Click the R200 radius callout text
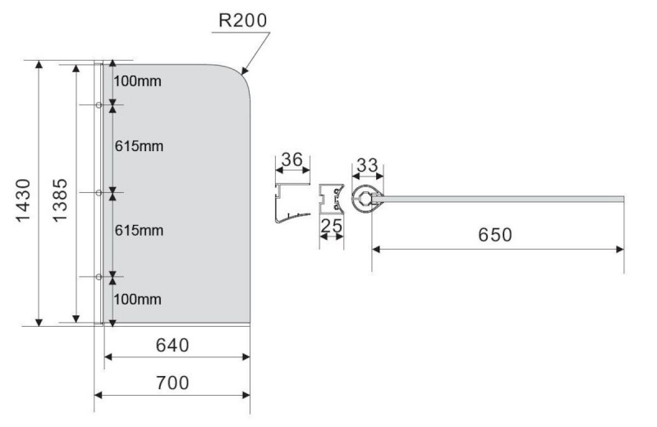(x=242, y=20)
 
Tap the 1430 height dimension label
(x=23, y=200)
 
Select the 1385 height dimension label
(x=59, y=200)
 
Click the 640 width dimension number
(x=172, y=345)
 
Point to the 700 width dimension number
(x=172, y=383)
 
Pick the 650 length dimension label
(x=495, y=235)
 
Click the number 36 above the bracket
(x=292, y=159)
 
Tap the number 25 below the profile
(x=332, y=227)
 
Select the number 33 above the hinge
(x=367, y=165)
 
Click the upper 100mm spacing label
(x=137, y=80)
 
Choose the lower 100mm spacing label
(x=137, y=299)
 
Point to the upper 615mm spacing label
(x=139, y=146)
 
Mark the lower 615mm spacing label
(x=139, y=230)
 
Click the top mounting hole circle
(x=99, y=105)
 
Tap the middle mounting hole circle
(x=99, y=193)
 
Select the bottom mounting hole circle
(x=99, y=277)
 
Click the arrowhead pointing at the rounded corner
(x=245, y=71)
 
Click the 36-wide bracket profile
(x=292, y=203)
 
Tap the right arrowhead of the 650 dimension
(x=620, y=250)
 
